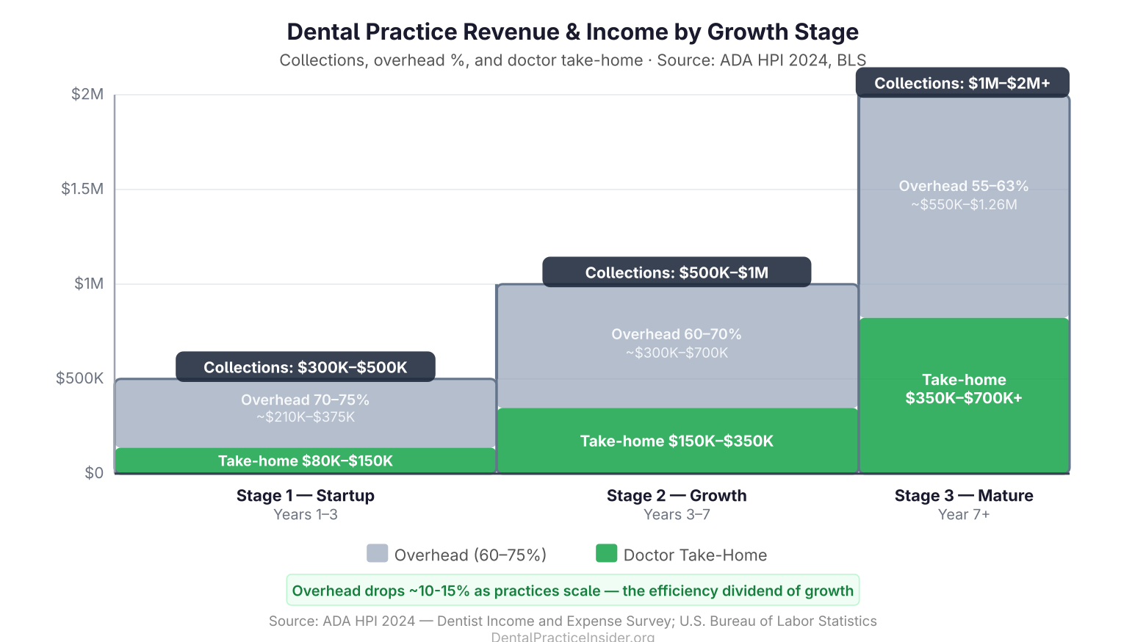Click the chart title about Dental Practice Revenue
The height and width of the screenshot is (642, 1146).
pos(572,32)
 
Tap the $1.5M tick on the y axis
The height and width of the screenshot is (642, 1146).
pos(82,189)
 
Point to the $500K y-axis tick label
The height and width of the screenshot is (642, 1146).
pos(79,378)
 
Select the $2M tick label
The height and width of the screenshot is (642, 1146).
pos(87,94)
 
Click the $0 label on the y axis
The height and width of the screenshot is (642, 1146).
pos(94,473)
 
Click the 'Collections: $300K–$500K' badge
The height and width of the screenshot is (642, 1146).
pos(305,367)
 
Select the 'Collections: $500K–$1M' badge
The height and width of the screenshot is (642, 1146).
pos(677,273)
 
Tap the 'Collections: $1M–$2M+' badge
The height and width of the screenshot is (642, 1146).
pos(962,83)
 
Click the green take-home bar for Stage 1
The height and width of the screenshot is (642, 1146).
pos(305,461)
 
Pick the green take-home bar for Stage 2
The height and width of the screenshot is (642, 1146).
pos(677,441)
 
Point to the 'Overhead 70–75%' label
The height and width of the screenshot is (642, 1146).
pos(305,400)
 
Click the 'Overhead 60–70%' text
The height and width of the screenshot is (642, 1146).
pos(677,334)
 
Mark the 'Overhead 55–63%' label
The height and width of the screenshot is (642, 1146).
pos(963,186)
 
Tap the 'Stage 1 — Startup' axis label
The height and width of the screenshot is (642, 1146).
pos(305,496)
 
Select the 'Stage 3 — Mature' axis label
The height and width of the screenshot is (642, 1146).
pos(963,496)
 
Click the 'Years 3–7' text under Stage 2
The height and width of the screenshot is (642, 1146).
pos(677,515)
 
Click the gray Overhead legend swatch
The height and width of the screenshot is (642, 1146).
pos(377,554)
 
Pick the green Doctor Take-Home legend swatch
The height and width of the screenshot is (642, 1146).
pos(606,554)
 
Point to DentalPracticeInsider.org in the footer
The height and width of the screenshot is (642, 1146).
pos(572,636)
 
